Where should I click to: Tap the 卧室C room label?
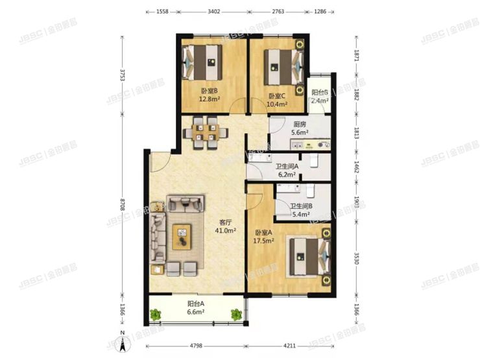tap(277, 96)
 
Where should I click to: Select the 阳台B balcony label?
tap(319, 93)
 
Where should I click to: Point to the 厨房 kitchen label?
tap(299, 124)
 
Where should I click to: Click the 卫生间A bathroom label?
tap(285, 167)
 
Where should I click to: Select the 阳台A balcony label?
tap(195, 303)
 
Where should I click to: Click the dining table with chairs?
tap(206, 132)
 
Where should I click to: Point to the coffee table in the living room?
tap(182, 236)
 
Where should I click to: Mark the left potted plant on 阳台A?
tap(156, 315)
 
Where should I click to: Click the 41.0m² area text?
tap(226, 230)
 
